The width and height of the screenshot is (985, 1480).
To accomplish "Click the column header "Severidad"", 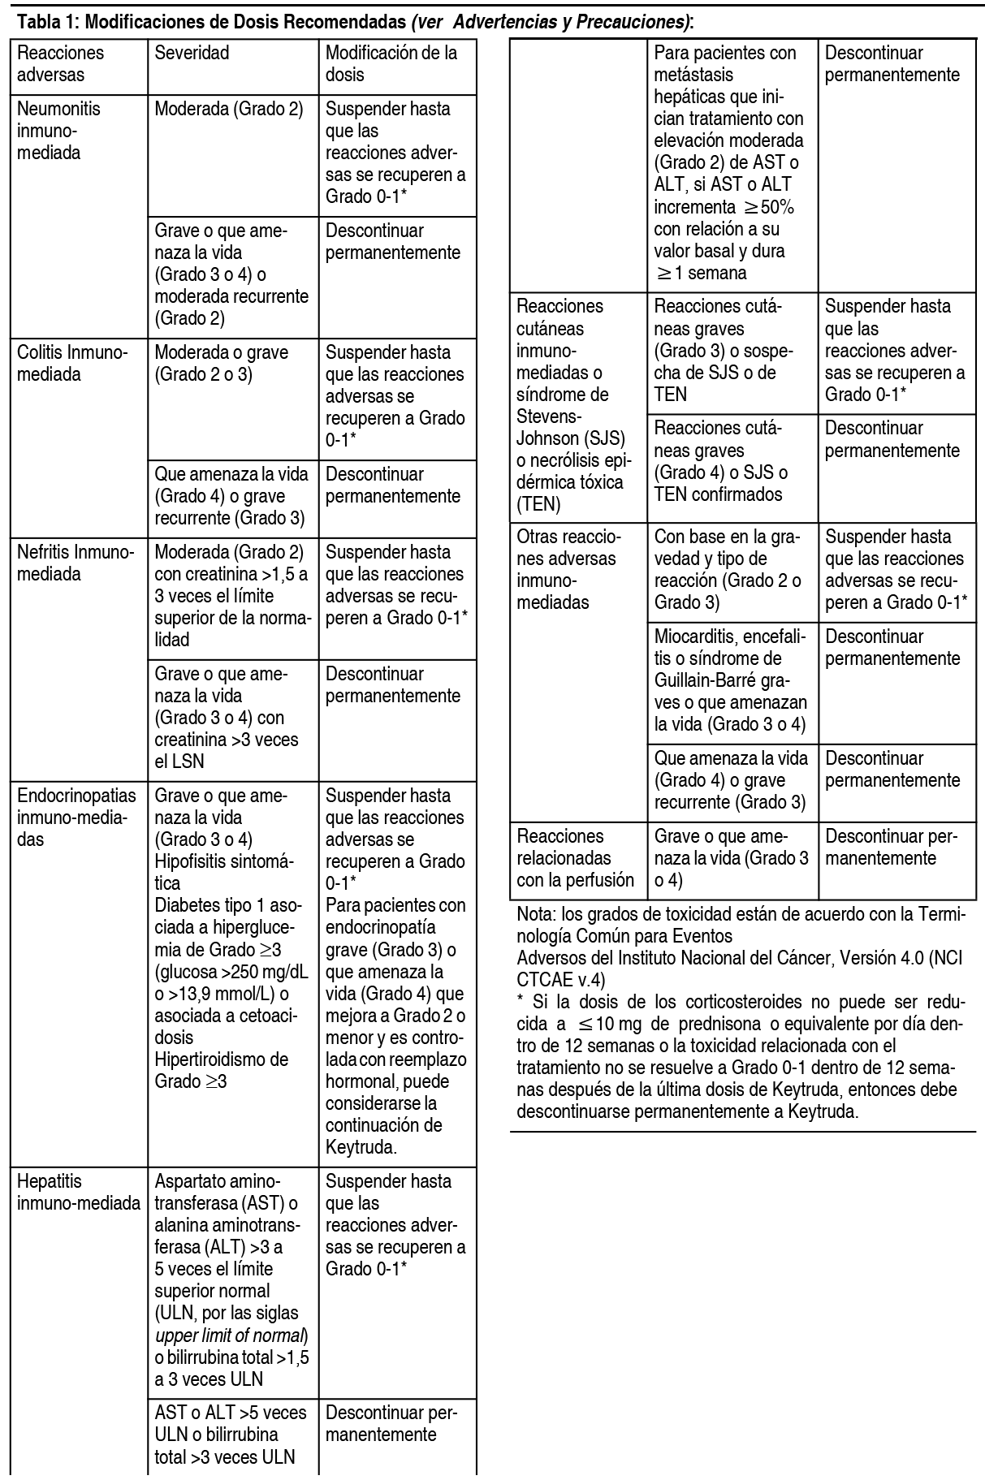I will click(x=192, y=53).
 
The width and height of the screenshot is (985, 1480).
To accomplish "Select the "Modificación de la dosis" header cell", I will click(x=391, y=63).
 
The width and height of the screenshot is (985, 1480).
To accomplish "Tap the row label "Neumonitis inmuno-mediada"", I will click(x=58, y=131).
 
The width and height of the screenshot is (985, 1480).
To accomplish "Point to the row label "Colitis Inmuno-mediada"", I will click(x=72, y=364).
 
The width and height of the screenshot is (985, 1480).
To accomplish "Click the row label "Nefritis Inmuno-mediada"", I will click(x=74, y=563).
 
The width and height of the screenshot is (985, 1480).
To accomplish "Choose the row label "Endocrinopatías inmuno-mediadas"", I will click(x=76, y=817).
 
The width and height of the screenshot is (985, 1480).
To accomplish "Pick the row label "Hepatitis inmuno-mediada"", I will click(x=78, y=1192).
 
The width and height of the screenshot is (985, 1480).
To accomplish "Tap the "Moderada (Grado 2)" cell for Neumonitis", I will click(x=228, y=109).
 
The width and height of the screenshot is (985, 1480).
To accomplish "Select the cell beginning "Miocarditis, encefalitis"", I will click(x=731, y=680).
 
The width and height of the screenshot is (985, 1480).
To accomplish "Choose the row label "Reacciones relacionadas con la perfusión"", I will click(x=575, y=857).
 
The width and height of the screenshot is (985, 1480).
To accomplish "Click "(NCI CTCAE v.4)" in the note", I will click(x=739, y=968).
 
